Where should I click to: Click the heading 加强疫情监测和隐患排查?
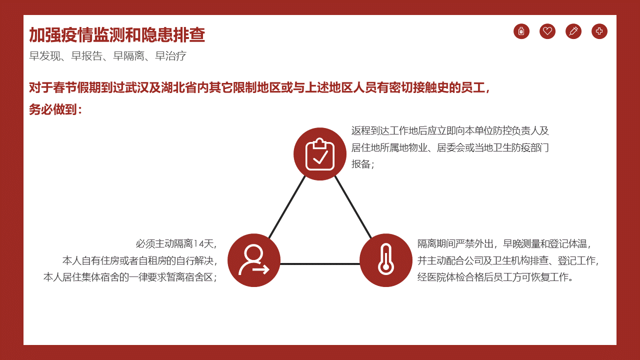point(117,35)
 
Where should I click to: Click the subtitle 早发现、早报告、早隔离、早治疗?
point(107,55)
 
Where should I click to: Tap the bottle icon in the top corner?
point(521,31)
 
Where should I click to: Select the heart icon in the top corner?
point(547,31)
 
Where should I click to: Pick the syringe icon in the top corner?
point(573,31)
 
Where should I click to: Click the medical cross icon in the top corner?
point(599,31)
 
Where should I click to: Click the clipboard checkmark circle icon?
point(320,154)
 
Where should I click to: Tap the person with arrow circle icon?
point(254,260)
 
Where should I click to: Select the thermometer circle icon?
point(386,260)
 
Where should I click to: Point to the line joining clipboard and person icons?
point(287,207)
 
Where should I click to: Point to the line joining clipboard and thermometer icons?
point(353,207)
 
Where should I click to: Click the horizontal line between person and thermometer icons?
point(320,263)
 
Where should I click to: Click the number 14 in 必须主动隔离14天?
point(198,243)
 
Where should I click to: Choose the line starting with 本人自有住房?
point(139,260)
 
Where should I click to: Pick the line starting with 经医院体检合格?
point(495,277)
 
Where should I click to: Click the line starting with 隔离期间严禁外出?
point(504,243)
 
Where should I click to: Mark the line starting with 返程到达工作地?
point(450,131)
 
